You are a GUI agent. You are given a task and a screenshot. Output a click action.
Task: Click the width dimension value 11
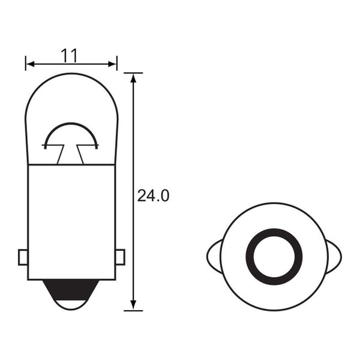pos(69,55)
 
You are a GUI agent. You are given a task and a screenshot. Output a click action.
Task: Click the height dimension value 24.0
pos(154,196)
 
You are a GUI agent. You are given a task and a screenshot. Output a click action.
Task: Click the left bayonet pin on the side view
pos(23,257)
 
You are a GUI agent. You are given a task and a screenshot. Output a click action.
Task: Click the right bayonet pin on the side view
pos(119,257)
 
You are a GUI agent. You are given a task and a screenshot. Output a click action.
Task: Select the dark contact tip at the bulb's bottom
pos(71,292)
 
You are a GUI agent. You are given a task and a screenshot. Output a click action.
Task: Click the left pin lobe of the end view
pos(214,257)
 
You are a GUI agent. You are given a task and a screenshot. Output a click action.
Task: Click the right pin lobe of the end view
pos(334,257)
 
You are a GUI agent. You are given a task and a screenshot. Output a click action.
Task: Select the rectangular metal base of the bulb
pos(71,222)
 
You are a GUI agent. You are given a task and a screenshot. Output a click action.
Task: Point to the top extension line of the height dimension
pos(133,73)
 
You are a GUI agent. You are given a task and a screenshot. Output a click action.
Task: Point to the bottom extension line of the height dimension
pos(133,310)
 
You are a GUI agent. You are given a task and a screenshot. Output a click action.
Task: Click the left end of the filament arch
pos(46,145)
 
